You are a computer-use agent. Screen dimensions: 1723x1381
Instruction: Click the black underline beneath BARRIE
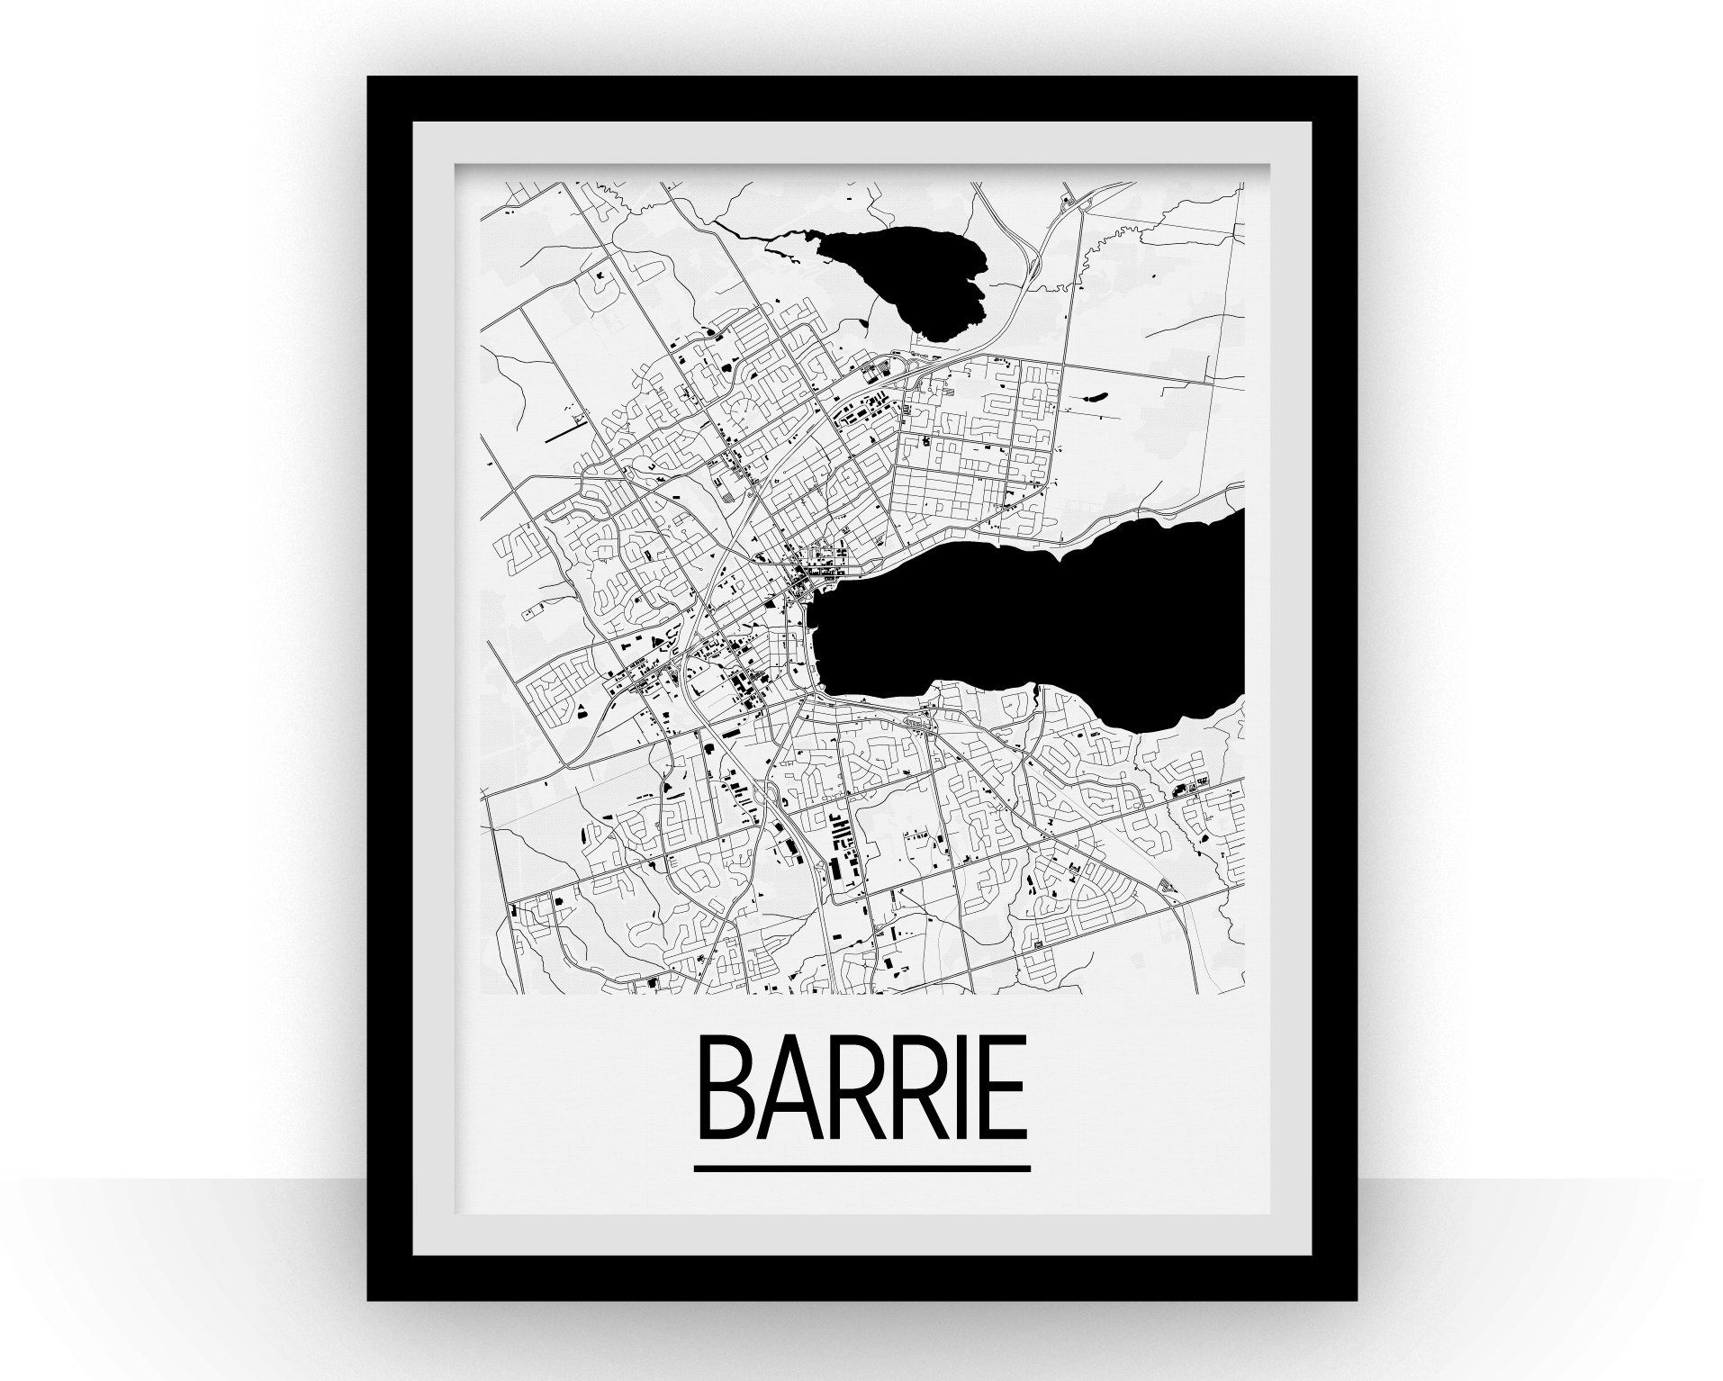[861, 1169]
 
